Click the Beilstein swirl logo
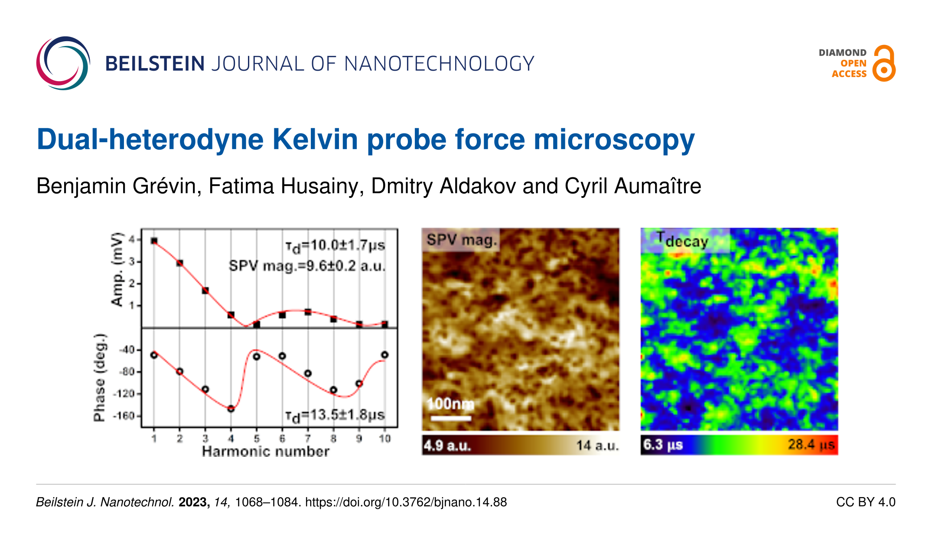click(x=63, y=63)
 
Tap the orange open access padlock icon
click(x=884, y=63)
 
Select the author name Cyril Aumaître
click(x=633, y=186)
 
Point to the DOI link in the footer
click(x=406, y=502)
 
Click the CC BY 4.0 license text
click(x=866, y=502)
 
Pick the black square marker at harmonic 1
click(x=154, y=241)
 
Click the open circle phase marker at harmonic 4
click(x=231, y=409)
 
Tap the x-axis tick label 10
click(x=385, y=439)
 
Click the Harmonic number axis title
click(x=266, y=452)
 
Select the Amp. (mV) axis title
click(x=117, y=269)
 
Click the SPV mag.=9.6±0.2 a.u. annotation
click(x=307, y=265)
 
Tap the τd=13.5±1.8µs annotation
click(x=335, y=416)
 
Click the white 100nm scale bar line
click(x=451, y=418)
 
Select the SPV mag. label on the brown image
click(x=461, y=240)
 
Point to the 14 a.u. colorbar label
click(x=597, y=445)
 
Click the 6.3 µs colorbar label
click(x=663, y=445)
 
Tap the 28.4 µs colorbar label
click(x=811, y=445)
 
